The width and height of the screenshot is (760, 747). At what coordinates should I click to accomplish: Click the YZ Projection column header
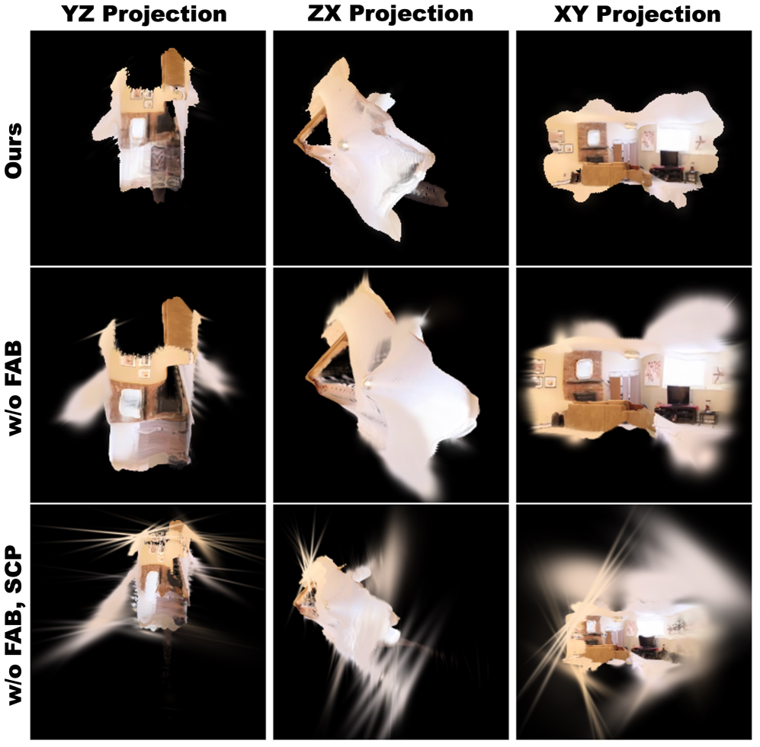click(x=144, y=14)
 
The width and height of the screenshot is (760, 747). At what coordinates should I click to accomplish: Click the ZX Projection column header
click(x=390, y=14)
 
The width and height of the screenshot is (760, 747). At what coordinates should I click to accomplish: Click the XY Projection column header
click(x=637, y=14)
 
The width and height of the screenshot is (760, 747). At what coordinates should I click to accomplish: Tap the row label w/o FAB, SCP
click(x=14, y=624)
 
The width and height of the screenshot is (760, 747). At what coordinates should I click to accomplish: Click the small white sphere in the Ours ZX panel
click(x=344, y=145)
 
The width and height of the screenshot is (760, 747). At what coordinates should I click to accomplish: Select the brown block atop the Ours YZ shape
click(x=174, y=69)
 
